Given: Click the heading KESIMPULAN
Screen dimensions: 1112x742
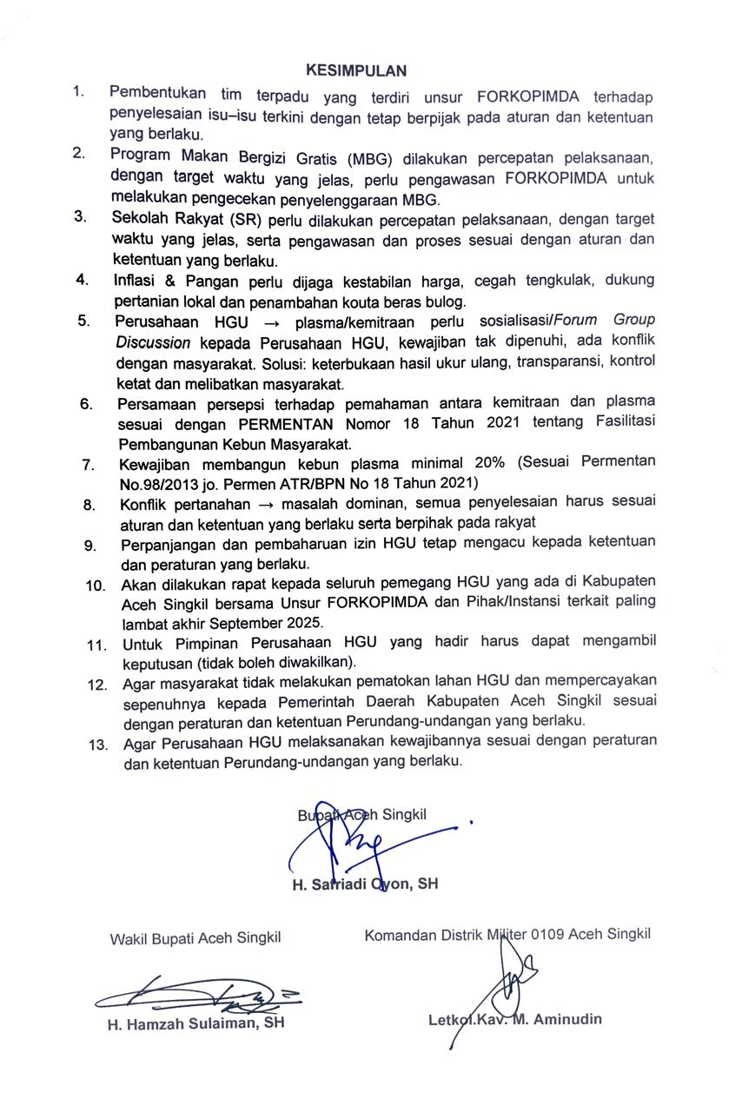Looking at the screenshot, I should coord(355,70).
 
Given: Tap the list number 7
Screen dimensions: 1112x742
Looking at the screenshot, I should coord(88,465).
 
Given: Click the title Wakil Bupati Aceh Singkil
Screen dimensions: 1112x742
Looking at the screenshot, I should coord(195,938).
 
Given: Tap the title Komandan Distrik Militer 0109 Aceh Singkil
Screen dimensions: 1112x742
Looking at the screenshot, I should coord(507,936).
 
